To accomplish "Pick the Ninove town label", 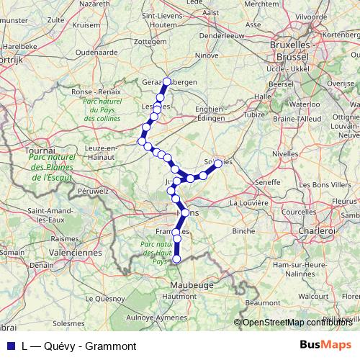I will point(206,54).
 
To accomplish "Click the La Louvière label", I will point(250,204).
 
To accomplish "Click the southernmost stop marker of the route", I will point(176,258).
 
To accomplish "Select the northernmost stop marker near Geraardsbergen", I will point(167,81).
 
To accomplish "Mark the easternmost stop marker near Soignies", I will point(218,163).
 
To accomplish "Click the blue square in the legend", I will point(9,346).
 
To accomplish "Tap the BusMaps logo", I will point(325,346).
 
